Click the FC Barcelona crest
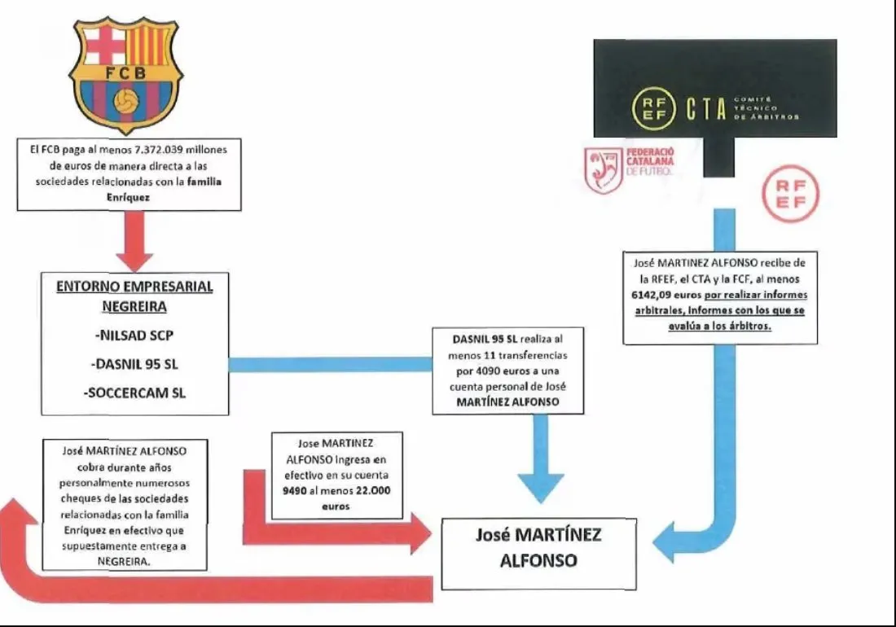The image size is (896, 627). point(125,75)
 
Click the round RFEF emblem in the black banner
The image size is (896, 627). point(653,109)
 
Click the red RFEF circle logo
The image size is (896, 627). point(788,195)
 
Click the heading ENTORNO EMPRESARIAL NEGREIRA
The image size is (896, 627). point(134,296)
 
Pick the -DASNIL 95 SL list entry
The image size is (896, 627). point(135,363)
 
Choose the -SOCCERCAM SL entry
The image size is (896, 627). point(135,393)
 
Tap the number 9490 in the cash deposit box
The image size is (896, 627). point(298,492)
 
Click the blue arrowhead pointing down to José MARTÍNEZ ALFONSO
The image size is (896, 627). point(529,489)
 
